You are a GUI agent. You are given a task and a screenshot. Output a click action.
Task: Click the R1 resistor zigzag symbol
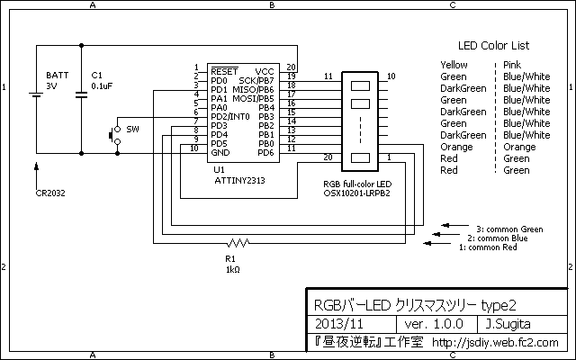(238, 243)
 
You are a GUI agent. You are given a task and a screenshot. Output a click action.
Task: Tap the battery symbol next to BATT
(36, 94)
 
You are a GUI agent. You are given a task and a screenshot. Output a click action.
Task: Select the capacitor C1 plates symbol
(81, 94)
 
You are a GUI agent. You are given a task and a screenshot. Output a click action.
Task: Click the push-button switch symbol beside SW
(115, 135)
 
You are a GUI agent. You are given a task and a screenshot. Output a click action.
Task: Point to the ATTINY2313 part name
(239, 180)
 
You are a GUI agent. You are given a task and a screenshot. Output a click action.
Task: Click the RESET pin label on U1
(224, 71)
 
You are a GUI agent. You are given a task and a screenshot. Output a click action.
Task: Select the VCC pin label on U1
(265, 71)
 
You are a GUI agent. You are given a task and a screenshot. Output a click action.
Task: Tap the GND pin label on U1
(220, 152)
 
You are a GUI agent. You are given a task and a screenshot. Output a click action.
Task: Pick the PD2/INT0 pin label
(230, 116)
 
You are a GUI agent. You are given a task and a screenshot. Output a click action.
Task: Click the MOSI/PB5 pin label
(253, 98)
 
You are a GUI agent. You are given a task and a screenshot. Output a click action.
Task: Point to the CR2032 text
(50, 193)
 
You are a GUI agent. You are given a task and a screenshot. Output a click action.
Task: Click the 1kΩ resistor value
(233, 270)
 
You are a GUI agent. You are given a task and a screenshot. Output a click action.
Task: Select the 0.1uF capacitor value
(102, 86)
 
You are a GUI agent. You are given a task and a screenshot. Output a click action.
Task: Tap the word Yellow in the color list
(454, 65)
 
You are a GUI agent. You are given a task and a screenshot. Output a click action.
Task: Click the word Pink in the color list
(512, 65)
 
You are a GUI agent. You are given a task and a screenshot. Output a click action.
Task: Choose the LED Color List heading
(493, 46)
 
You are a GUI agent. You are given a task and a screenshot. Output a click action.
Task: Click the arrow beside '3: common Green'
(455, 225)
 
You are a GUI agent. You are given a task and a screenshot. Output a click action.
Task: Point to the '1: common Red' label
(488, 247)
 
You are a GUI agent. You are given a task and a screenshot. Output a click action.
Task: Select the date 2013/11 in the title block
(339, 324)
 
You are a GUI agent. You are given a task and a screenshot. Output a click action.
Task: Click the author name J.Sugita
(508, 324)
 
